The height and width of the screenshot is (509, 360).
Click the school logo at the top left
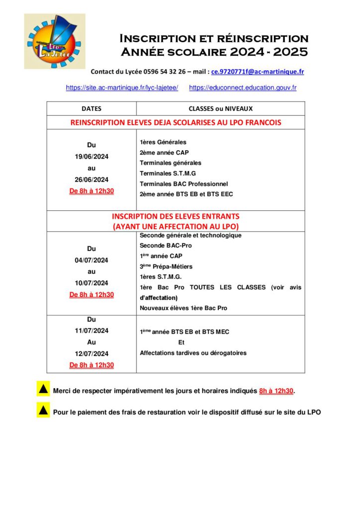pyautogui.click(x=55, y=41)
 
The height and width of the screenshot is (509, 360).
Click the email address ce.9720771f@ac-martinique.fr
pyautogui.click(x=258, y=72)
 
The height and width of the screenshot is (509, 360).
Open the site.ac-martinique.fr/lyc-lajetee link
pyautogui.click(x=122, y=87)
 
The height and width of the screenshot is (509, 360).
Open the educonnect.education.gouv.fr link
pyautogui.click(x=243, y=87)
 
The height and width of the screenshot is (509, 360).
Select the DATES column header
pyautogui.click(x=91, y=108)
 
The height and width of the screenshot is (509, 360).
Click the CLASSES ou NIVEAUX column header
pyautogui.click(x=220, y=108)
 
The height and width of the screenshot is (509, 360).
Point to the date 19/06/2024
pyautogui.click(x=91, y=157)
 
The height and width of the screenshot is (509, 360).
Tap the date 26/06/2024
pyautogui.click(x=91, y=179)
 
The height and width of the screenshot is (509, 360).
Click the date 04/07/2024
pyautogui.click(x=91, y=260)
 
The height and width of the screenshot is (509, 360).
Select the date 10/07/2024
pyautogui.click(x=91, y=283)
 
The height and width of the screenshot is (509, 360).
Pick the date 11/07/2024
pyautogui.click(x=91, y=331)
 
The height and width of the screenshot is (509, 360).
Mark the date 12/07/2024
pyautogui.click(x=91, y=353)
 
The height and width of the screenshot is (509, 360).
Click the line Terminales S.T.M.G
pyautogui.click(x=168, y=173)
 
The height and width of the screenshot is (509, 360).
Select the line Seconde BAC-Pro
pyautogui.click(x=166, y=246)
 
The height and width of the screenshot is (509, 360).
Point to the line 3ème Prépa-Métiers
pyautogui.click(x=166, y=266)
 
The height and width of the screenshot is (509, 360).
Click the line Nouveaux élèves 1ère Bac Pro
pyautogui.click(x=183, y=308)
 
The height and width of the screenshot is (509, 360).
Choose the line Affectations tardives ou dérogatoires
pyautogui.click(x=193, y=353)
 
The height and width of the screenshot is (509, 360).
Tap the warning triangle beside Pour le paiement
pyautogui.click(x=43, y=411)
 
